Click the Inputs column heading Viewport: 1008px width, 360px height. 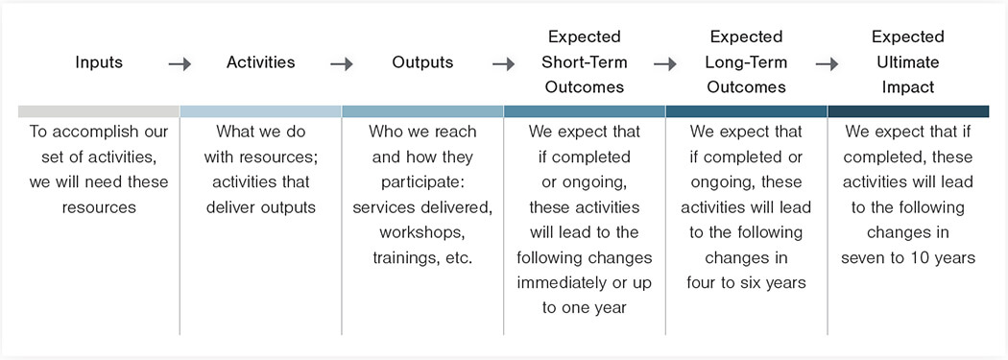point(99,62)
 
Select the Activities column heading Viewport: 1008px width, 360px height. point(260,62)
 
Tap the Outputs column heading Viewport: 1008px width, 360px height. point(422,62)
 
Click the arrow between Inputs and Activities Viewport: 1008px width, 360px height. point(180,63)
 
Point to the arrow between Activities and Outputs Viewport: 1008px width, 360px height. point(342,63)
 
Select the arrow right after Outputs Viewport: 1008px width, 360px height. point(504,63)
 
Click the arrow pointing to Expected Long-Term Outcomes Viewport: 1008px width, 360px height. point(666,63)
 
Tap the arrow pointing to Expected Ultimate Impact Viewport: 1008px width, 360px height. point(828,63)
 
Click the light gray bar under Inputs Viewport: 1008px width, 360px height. point(99,112)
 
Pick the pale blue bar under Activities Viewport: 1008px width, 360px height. point(260,112)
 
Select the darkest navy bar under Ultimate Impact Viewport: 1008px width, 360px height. point(908,112)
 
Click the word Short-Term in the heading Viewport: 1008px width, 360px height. point(585,62)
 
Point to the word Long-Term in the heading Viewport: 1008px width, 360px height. point(746,62)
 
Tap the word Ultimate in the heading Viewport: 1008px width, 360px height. point(908,62)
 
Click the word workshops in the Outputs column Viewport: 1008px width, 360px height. point(421,232)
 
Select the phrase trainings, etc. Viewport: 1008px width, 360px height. point(422,258)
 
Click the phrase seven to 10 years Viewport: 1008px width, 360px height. point(908,258)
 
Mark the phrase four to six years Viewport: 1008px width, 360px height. point(746,283)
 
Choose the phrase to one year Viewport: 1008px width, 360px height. point(585,308)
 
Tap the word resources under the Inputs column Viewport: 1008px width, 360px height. point(99,207)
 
